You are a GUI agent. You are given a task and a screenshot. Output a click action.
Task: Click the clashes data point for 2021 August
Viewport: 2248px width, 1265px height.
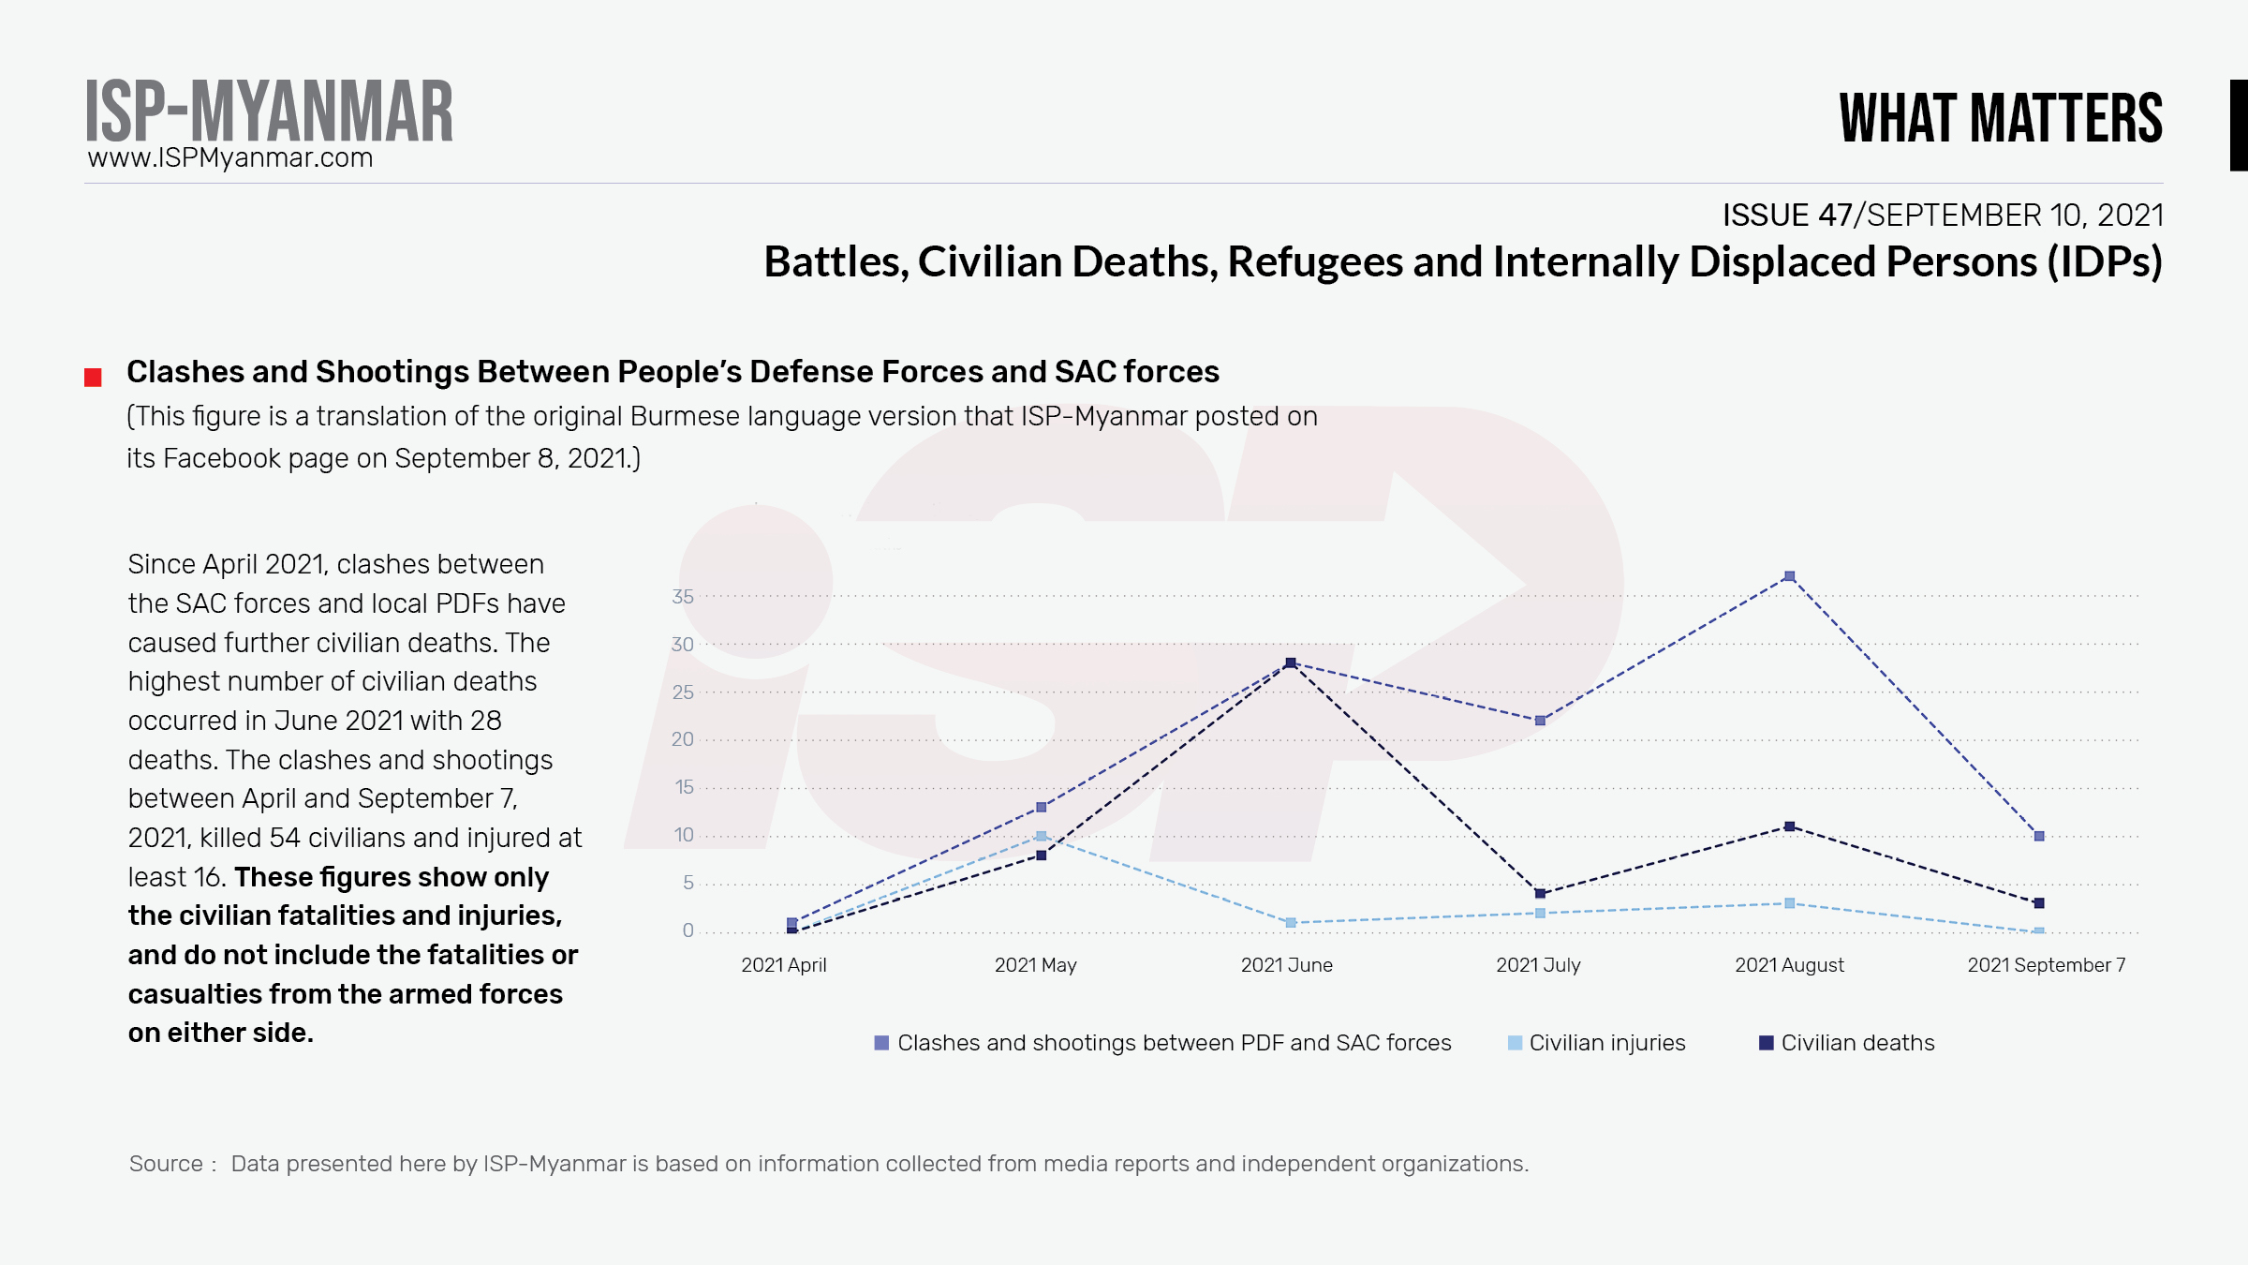(1789, 576)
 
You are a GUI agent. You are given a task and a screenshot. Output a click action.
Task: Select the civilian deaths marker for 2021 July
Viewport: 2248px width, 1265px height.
(1540, 893)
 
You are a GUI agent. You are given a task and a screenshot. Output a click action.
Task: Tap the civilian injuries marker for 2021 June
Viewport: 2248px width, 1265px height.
(1291, 923)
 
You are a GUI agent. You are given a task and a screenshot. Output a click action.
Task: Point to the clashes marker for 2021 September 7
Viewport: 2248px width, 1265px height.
(2039, 836)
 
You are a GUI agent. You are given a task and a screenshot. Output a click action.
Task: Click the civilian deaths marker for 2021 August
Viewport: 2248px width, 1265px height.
(1789, 826)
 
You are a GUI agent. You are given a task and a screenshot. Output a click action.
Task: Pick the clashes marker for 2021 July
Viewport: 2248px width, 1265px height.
(1540, 721)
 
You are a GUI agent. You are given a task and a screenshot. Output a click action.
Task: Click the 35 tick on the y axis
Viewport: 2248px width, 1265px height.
(683, 597)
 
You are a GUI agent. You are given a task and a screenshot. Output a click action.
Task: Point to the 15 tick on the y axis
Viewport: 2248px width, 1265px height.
(685, 787)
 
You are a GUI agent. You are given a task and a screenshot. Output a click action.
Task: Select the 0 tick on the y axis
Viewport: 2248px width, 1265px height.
(688, 930)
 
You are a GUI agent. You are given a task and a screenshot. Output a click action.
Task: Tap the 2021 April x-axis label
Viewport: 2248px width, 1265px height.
(783, 965)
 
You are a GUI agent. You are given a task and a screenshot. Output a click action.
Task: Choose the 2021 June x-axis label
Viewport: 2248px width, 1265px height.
(1286, 965)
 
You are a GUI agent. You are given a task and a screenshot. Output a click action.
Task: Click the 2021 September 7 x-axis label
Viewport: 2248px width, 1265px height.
(2046, 965)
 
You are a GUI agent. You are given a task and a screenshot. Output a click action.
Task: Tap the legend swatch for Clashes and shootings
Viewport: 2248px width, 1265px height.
(881, 1043)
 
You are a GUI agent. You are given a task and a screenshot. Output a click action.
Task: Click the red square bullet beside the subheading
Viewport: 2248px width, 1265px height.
(93, 378)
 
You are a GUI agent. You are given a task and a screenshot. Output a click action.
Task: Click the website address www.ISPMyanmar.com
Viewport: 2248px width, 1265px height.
(230, 157)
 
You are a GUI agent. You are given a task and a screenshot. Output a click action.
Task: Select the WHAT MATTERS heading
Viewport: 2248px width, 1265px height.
(2001, 118)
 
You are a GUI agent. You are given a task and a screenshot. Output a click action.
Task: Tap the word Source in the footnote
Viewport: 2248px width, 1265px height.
(166, 1164)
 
